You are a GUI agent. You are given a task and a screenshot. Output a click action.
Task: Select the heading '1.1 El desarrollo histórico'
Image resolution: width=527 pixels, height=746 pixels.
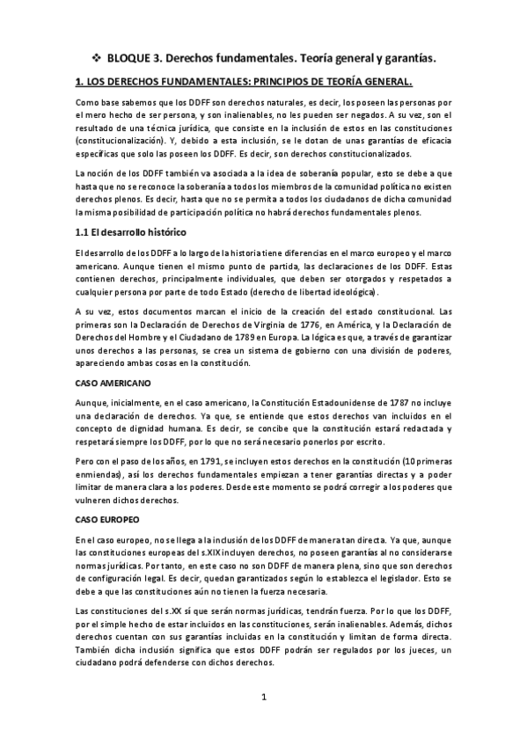click(126, 232)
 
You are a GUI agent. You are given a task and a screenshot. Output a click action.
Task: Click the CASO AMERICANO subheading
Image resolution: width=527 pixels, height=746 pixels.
click(113, 384)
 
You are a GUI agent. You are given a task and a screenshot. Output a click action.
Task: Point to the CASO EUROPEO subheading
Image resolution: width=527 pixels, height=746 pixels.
click(106, 519)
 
